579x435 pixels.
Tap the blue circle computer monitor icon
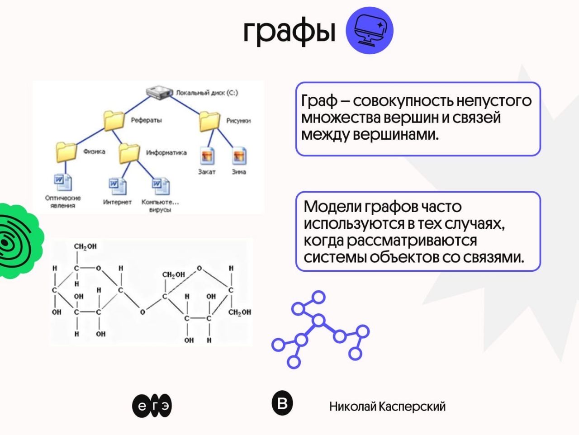pyautogui.click(x=370, y=30)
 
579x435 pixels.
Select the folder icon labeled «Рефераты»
pyautogui.click(x=114, y=120)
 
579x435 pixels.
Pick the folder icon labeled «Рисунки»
pyautogui.click(x=209, y=121)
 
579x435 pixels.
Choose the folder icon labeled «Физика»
pyautogui.click(x=66, y=152)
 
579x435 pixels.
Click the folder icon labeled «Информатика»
pyautogui.click(x=129, y=153)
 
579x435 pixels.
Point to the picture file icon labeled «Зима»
pyautogui.click(x=239, y=156)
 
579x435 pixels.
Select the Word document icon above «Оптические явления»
pyautogui.click(x=62, y=182)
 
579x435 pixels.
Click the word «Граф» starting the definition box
pyautogui.click(x=319, y=100)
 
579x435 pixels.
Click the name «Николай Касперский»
pyautogui.click(x=387, y=407)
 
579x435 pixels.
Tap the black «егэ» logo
pyautogui.click(x=152, y=406)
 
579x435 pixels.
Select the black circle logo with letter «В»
pyautogui.click(x=282, y=402)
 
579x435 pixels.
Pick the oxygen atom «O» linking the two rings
pyautogui.click(x=142, y=312)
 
